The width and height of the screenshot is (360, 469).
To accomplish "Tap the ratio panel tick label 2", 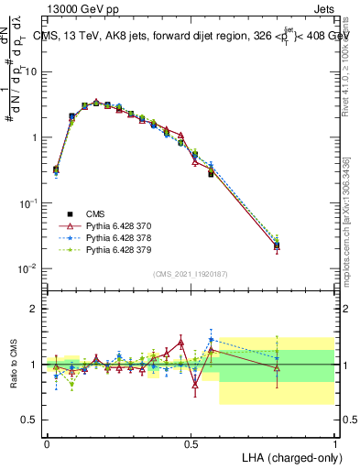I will [35, 309].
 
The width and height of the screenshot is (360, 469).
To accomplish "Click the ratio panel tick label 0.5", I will [30, 420].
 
